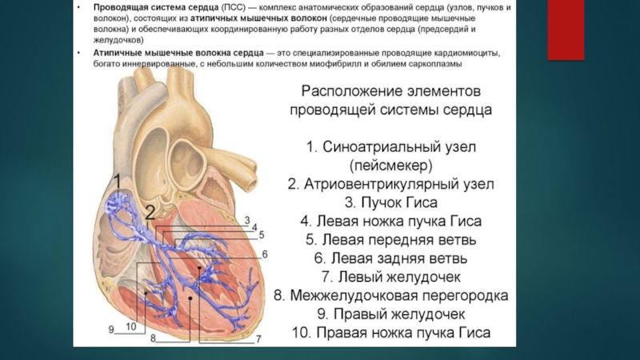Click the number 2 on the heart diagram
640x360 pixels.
(150, 211)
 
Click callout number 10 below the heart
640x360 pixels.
(130, 326)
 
